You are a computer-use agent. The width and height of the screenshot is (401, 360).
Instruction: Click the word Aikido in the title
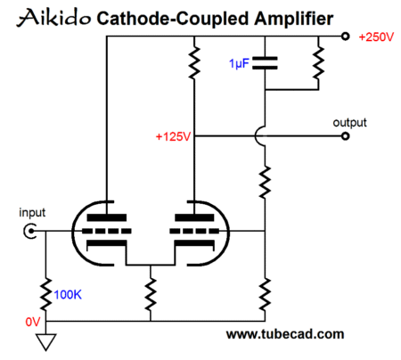coord(53,18)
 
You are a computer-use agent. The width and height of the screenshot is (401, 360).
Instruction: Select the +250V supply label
coord(376,37)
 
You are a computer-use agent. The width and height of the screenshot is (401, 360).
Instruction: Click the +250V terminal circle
coord(345,37)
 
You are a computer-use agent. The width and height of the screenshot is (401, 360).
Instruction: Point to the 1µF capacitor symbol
coord(265,63)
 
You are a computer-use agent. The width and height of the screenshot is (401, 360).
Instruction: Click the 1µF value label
coord(239,64)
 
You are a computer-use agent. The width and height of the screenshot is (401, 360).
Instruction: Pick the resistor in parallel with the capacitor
coord(318,62)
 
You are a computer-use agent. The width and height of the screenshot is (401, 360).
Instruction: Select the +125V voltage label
coord(173,136)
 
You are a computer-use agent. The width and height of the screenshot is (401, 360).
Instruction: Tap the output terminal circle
coord(345,136)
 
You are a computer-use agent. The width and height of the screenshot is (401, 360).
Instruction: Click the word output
coord(349,123)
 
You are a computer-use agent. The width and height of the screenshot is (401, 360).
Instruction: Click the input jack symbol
coord(30,231)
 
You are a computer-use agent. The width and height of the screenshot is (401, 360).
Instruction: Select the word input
coord(32,213)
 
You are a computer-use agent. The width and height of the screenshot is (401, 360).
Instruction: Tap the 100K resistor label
coord(68,295)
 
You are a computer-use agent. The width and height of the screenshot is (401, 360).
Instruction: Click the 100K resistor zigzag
coord(45,294)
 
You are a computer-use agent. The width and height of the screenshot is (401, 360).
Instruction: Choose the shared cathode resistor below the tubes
coord(151,294)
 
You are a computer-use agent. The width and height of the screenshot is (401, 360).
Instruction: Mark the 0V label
coord(33,322)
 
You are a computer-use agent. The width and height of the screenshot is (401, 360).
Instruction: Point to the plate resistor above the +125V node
coord(194,62)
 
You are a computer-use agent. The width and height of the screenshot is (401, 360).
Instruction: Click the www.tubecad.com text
coord(285,334)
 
